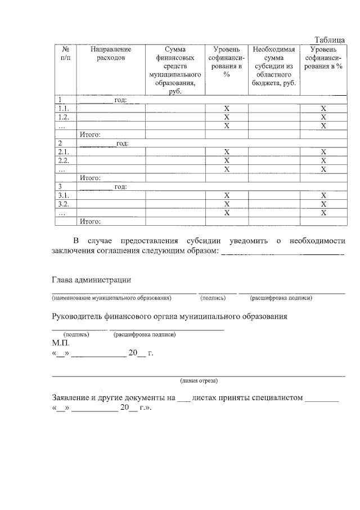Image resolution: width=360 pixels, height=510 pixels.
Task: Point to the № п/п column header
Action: (x=65, y=53)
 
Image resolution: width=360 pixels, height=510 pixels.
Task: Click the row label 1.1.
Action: (x=64, y=108)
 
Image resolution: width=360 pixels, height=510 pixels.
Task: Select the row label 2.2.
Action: (x=64, y=160)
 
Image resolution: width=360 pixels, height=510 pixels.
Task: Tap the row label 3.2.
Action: (x=64, y=204)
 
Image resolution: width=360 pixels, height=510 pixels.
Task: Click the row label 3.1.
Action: (x=64, y=195)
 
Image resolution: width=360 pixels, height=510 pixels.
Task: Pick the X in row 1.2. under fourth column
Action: (x=227, y=117)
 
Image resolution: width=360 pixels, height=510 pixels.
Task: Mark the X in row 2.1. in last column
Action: (x=323, y=152)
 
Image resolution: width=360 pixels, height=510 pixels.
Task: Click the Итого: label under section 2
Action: (x=90, y=178)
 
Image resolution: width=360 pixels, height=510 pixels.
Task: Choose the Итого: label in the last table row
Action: (x=90, y=221)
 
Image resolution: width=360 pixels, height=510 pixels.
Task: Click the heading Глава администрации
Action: (x=92, y=280)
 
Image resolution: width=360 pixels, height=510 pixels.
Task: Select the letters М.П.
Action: (x=60, y=342)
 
